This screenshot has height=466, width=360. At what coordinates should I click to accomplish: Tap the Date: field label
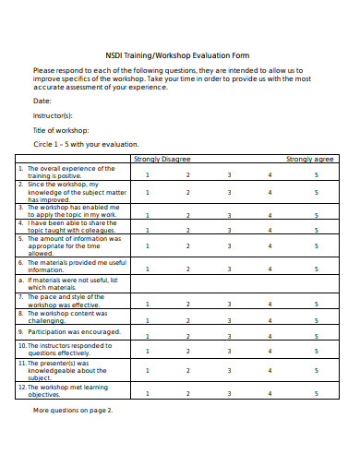coord(42,101)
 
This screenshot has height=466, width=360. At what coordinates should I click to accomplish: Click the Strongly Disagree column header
coord(162,160)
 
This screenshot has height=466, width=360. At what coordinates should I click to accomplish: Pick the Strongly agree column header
coord(310,160)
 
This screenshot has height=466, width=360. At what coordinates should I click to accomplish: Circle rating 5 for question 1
coord(316,173)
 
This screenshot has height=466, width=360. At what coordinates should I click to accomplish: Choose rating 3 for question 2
coord(230,192)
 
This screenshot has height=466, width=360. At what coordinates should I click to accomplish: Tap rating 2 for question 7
coord(188,303)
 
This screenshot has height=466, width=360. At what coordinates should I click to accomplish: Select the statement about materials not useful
coord(71,282)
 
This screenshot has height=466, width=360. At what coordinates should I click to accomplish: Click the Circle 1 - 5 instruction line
coord(85,145)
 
